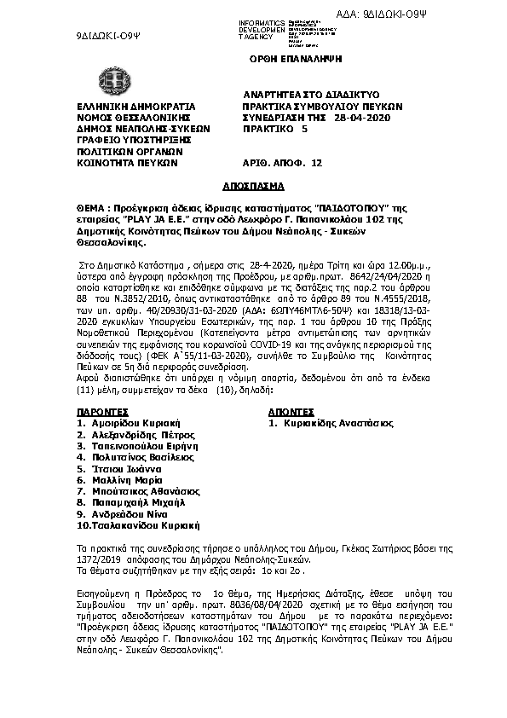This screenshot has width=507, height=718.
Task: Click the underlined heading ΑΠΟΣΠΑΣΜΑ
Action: click(252, 185)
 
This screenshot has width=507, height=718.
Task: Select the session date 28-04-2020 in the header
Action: click(362, 117)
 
